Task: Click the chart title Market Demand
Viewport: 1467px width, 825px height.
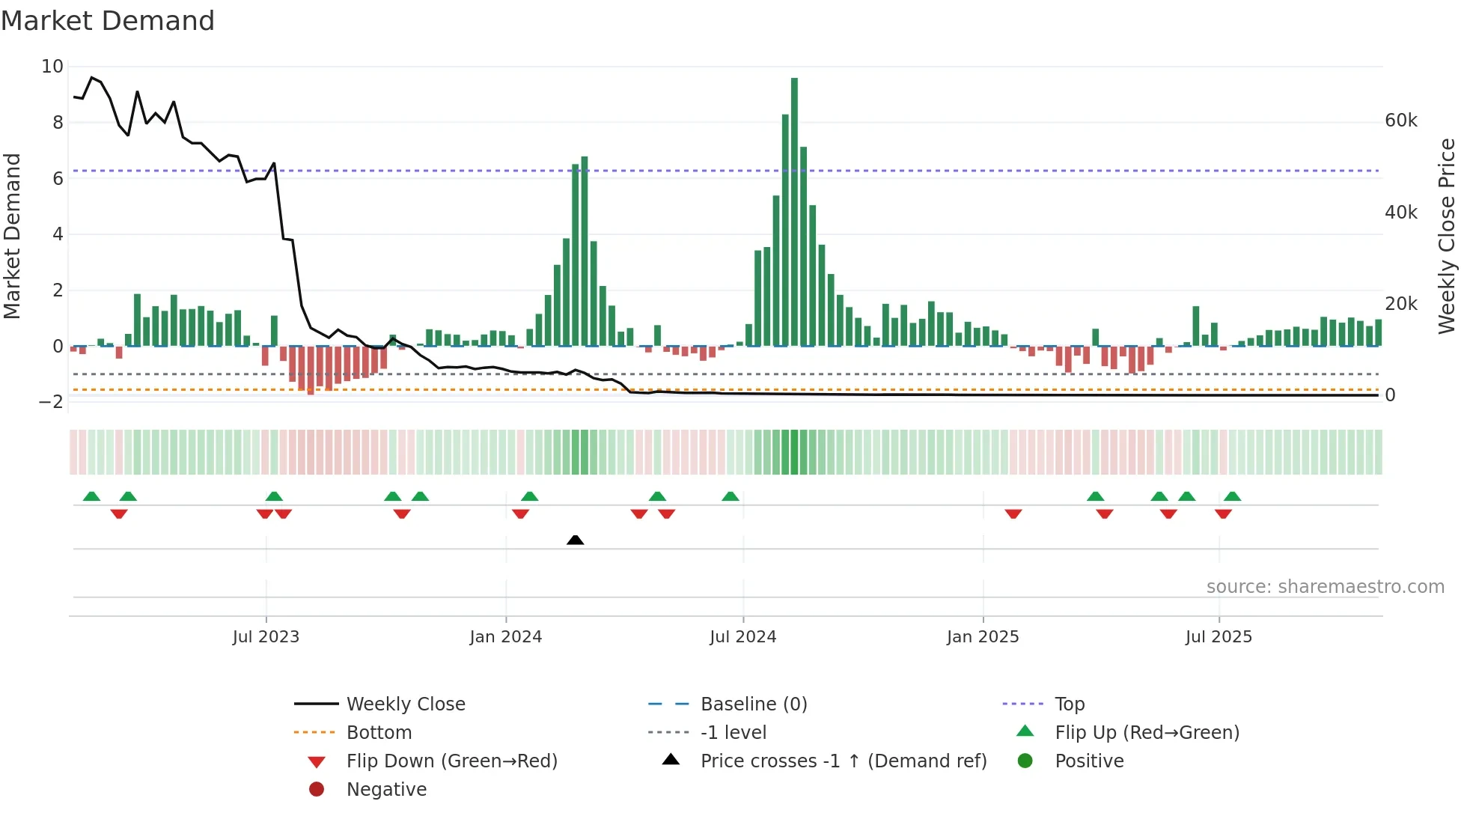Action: click(x=108, y=21)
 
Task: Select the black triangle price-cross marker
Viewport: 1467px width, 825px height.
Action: click(x=575, y=540)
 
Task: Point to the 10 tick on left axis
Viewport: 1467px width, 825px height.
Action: click(x=52, y=67)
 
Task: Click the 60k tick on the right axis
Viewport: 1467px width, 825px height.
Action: click(x=1400, y=121)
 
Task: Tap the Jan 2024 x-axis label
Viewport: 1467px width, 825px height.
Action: click(x=505, y=637)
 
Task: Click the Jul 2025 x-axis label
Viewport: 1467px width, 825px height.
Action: click(x=1218, y=637)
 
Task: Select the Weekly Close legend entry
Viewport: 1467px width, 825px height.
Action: click(x=405, y=704)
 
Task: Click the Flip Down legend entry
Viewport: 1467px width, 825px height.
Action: click(x=451, y=761)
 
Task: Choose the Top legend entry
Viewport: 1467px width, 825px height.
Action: click(x=1069, y=704)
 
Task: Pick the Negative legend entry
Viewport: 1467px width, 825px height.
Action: click(x=386, y=790)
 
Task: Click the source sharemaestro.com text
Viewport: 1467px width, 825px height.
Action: click(x=1325, y=587)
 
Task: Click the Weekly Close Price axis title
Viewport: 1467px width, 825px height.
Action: click(x=1447, y=236)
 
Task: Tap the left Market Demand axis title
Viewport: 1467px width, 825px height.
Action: click(x=12, y=236)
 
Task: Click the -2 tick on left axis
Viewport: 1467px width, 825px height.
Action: click(x=51, y=402)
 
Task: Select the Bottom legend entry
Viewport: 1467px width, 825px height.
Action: click(x=379, y=733)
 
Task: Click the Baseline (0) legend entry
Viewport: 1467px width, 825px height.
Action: click(x=753, y=704)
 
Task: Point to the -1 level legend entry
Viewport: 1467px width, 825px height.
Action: click(x=733, y=733)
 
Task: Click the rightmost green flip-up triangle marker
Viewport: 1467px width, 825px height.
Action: click(x=1232, y=496)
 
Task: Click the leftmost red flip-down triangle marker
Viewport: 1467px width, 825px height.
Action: click(x=119, y=514)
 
